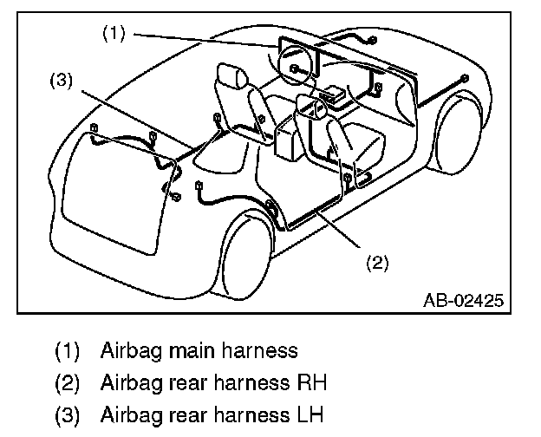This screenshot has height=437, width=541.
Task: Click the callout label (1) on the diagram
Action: pos(114,34)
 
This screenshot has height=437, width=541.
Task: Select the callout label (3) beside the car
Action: pos(62,81)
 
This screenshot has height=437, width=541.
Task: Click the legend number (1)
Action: pos(67,351)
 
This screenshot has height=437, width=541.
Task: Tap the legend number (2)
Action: pos(67,382)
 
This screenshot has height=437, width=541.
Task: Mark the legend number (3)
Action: pos(67,414)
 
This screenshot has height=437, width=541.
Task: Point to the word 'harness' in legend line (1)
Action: pos(259,351)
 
